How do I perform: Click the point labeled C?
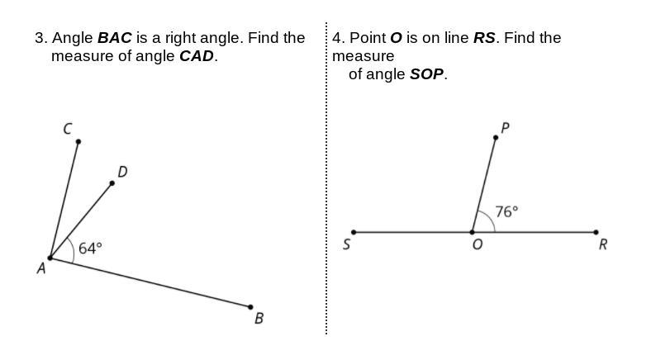click(78, 141)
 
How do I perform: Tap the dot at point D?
click(112, 182)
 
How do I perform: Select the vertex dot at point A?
click(50, 258)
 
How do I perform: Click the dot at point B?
click(250, 307)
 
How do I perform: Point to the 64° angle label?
click(90, 248)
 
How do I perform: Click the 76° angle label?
click(506, 211)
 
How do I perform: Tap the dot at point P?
click(496, 137)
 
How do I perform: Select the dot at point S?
click(354, 232)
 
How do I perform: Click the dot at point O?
click(473, 232)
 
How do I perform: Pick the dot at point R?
click(597, 232)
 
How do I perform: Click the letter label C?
click(67, 128)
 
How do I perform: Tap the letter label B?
click(259, 319)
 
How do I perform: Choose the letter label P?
click(505, 127)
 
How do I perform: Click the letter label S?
click(346, 244)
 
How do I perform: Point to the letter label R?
click(603, 244)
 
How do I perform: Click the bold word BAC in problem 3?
click(115, 38)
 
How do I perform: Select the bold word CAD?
click(197, 56)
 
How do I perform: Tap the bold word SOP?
click(427, 73)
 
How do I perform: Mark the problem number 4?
click(338, 38)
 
